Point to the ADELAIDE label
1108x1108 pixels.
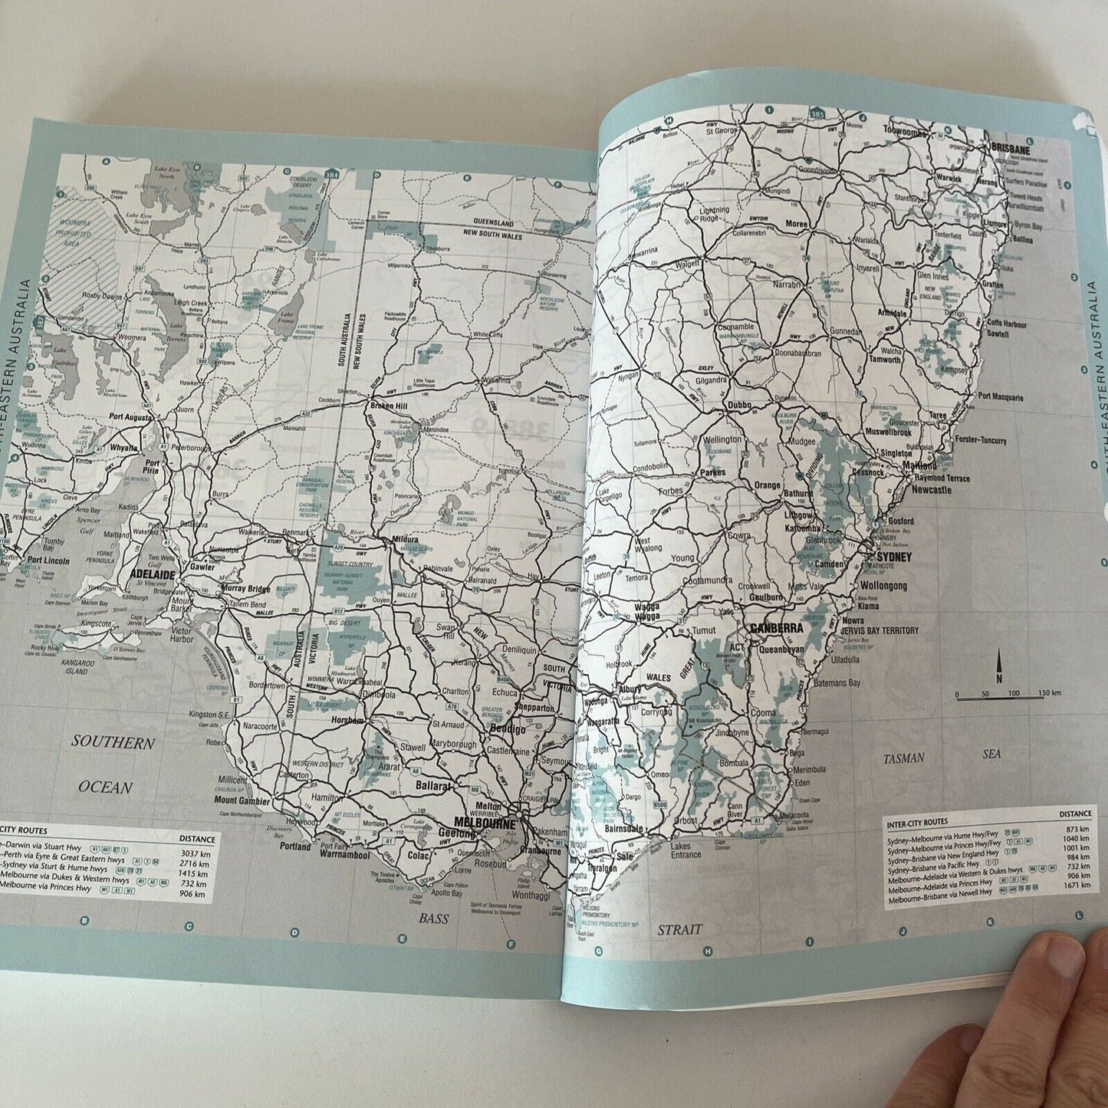pos(154,573)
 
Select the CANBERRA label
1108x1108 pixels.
pos(777,628)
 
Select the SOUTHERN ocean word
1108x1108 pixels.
pos(113,742)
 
